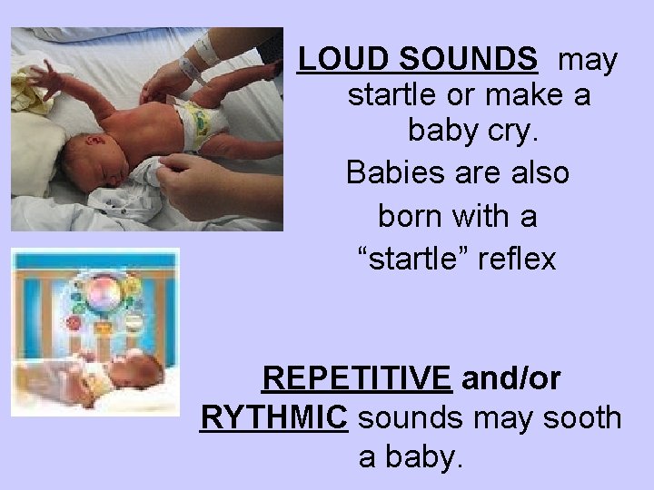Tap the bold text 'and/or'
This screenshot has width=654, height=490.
click(x=510, y=377)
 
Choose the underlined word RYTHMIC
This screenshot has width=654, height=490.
click(x=272, y=418)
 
